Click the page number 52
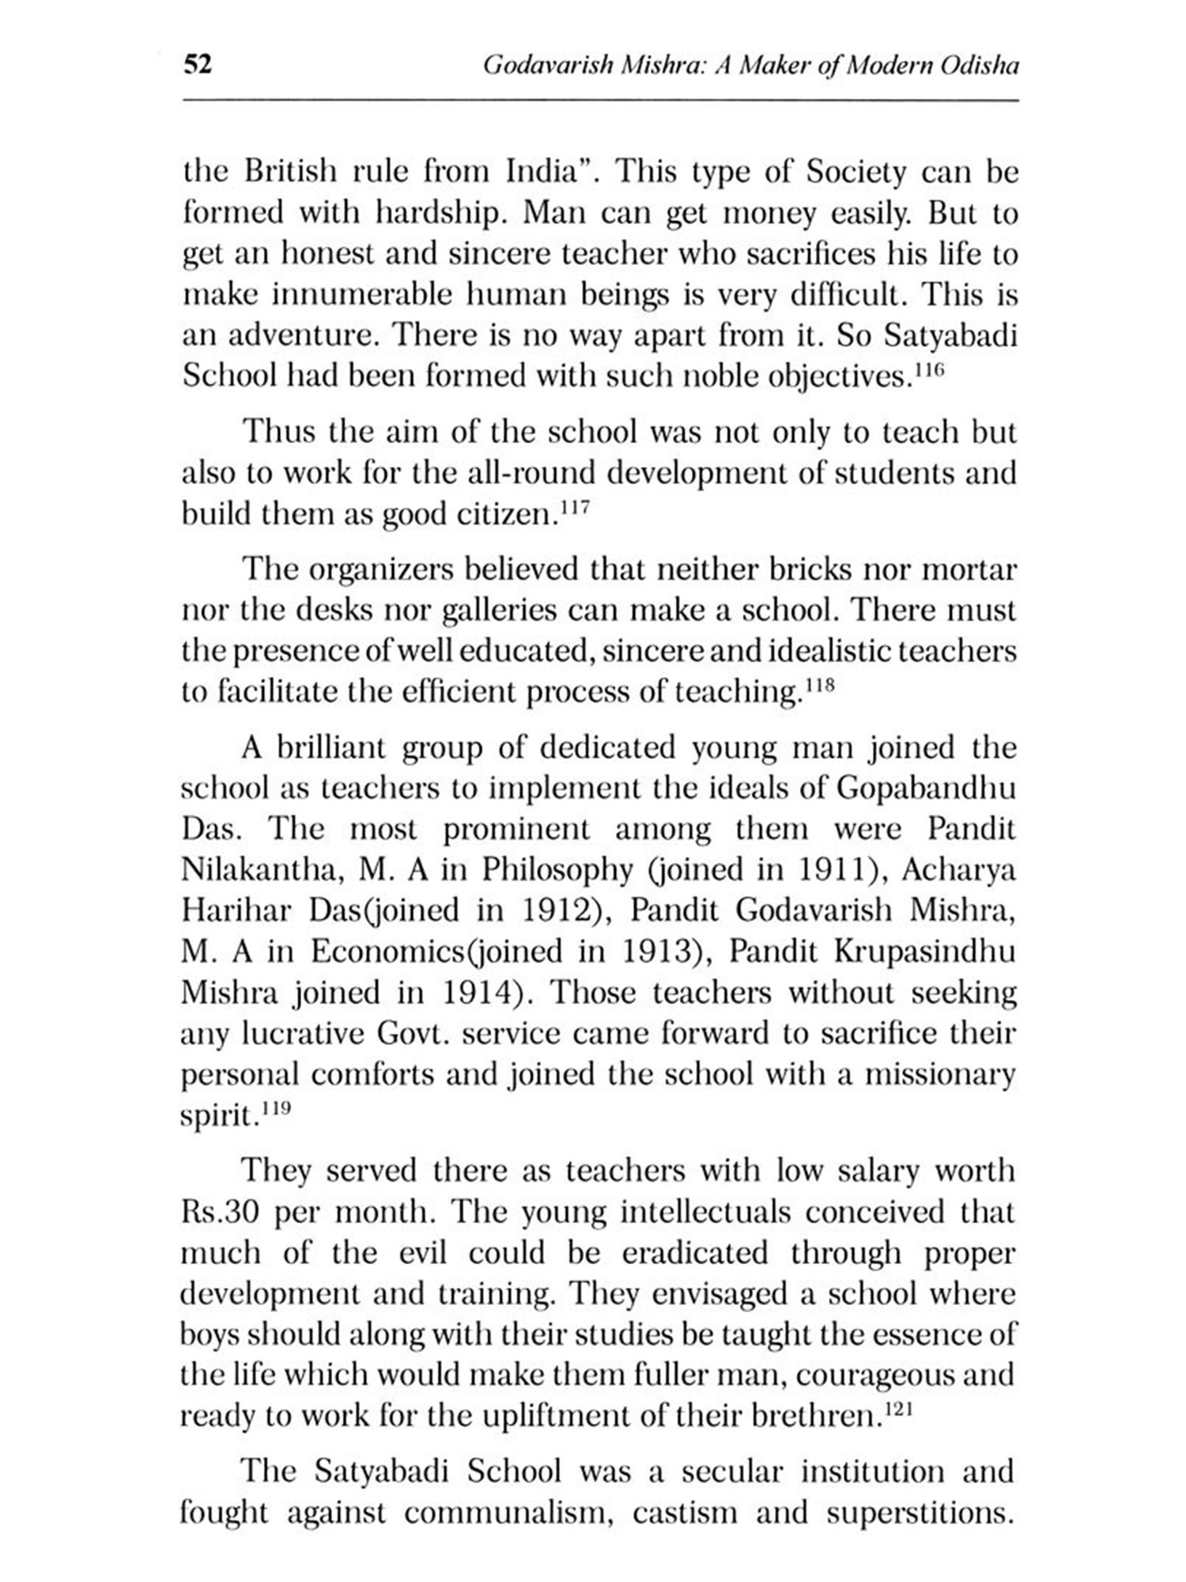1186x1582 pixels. pos(198,64)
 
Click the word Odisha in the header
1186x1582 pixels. pos(979,65)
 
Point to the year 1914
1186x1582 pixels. pos(478,993)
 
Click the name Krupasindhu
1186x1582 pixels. pos(925,952)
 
